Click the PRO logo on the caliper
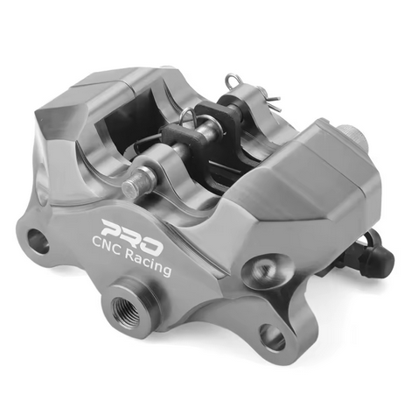click(128, 229)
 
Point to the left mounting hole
click(37, 240)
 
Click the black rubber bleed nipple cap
click(376, 256)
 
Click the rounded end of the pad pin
click(131, 186)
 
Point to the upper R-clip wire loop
click(234, 84)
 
